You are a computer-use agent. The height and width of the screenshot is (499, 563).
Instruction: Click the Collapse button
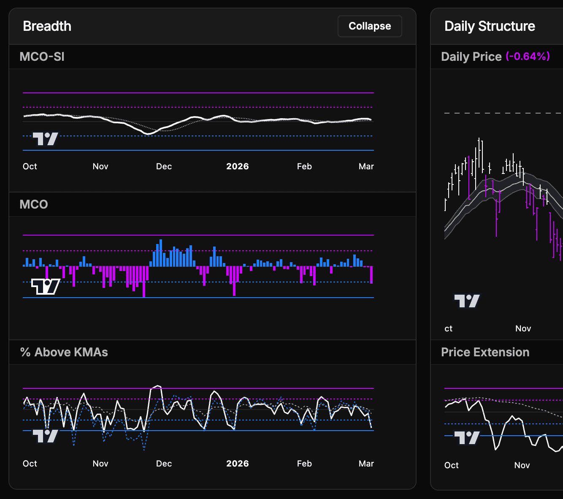click(x=370, y=26)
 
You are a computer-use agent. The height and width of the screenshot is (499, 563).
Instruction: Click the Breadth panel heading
click(x=47, y=26)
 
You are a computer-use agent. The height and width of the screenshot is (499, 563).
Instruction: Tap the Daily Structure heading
click(x=490, y=26)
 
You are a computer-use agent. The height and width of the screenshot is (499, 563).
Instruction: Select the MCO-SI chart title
click(x=42, y=57)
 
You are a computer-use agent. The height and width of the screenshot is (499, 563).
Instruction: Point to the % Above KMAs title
click(x=64, y=352)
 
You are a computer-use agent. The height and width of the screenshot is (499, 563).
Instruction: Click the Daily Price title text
click(x=471, y=57)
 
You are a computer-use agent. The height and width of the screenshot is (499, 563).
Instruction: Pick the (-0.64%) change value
click(x=528, y=56)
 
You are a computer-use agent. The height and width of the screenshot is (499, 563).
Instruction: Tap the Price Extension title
click(x=485, y=352)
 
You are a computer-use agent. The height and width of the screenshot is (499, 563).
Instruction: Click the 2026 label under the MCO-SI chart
click(x=237, y=166)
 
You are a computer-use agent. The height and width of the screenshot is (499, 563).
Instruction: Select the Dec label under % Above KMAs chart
click(x=164, y=464)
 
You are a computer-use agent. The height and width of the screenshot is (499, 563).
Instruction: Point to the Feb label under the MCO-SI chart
click(x=304, y=166)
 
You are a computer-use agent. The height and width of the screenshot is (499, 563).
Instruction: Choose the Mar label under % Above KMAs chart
click(x=366, y=464)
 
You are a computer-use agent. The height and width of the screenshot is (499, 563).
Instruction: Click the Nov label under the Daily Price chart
click(x=523, y=328)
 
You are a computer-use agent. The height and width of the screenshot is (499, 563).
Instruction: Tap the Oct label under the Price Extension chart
click(x=451, y=465)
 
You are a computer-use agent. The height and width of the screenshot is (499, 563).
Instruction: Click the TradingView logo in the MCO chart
click(x=46, y=287)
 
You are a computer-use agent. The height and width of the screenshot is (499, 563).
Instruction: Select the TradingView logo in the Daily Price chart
click(x=467, y=301)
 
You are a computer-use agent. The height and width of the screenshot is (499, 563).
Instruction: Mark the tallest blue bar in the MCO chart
click(x=161, y=253)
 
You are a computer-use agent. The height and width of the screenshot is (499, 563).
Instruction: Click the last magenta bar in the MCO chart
click(x=371, y=275)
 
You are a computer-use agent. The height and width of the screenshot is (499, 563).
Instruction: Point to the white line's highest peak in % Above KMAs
click(x=158, y=386)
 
